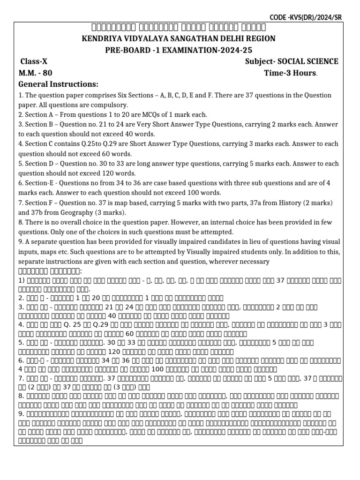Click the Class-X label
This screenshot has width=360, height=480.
point(34,62)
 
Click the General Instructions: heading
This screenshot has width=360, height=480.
point(58,84)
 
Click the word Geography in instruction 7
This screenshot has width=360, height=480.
point(60,212)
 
